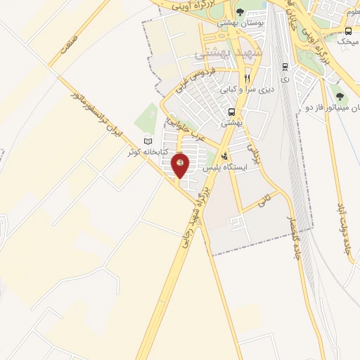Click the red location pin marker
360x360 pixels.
181,165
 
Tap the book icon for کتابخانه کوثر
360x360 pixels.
148,141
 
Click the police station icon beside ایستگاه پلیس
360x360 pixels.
224,157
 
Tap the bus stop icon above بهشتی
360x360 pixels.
231,112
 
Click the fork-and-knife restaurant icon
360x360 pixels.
247,78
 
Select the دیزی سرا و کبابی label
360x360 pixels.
246,89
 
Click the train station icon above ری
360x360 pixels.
284,67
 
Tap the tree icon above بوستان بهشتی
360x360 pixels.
240,12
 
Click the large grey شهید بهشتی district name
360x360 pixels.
222,53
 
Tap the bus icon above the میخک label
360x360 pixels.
348,32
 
